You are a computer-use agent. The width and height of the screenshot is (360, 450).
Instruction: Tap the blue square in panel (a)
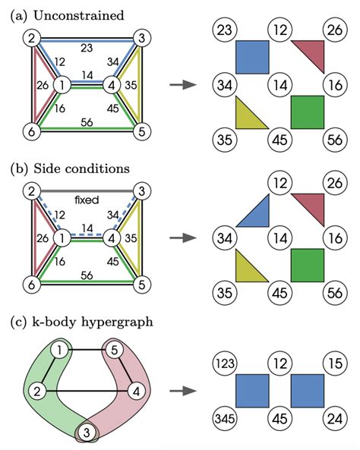252,57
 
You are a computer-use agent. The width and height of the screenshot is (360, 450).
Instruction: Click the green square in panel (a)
308,112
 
